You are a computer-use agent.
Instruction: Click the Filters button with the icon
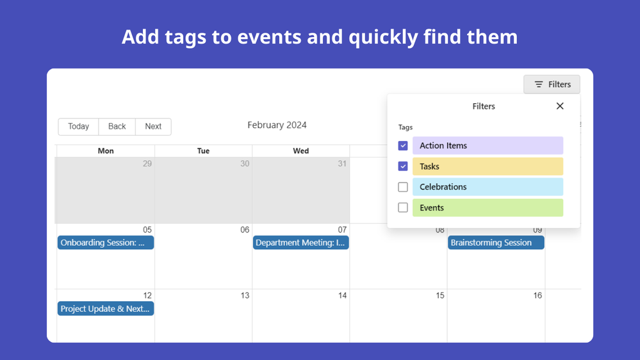[x=552, y=85]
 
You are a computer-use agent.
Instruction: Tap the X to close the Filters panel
[x=560, y=106]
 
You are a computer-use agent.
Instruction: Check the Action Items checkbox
[x=403, y=145]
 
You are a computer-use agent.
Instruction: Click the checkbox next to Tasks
[x=403, y=167]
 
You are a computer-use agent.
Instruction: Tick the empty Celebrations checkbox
[x=403, y=187]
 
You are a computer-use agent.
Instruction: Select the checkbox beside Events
[x=403, y=208]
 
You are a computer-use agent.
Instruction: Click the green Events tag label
[x=488, y=208]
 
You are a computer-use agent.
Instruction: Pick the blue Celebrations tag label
[x=488, y=187]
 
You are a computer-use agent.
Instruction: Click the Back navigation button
[x=117, y=127]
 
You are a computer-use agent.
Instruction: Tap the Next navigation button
[x=153, y=127]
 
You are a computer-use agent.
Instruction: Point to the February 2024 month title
[x=277, y=125]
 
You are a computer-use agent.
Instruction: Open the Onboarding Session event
[x=106, y=242]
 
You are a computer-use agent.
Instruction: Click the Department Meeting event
[x=301, y=242]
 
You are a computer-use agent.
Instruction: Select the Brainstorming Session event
[x=496, y=242]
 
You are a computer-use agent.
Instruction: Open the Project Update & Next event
[x=106, y=309]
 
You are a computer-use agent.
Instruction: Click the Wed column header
[x=301, y=151]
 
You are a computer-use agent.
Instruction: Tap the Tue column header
[x=203, y=151]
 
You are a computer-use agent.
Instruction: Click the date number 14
[x=342, y=295]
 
